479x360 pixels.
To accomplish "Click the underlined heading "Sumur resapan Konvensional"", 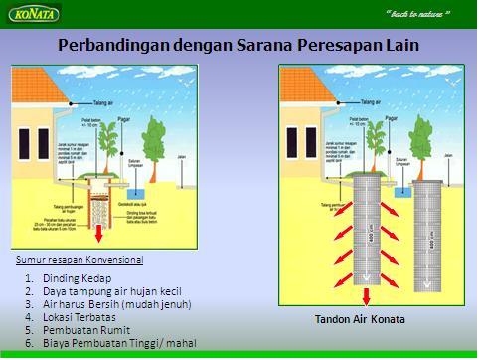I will (80, 259).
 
